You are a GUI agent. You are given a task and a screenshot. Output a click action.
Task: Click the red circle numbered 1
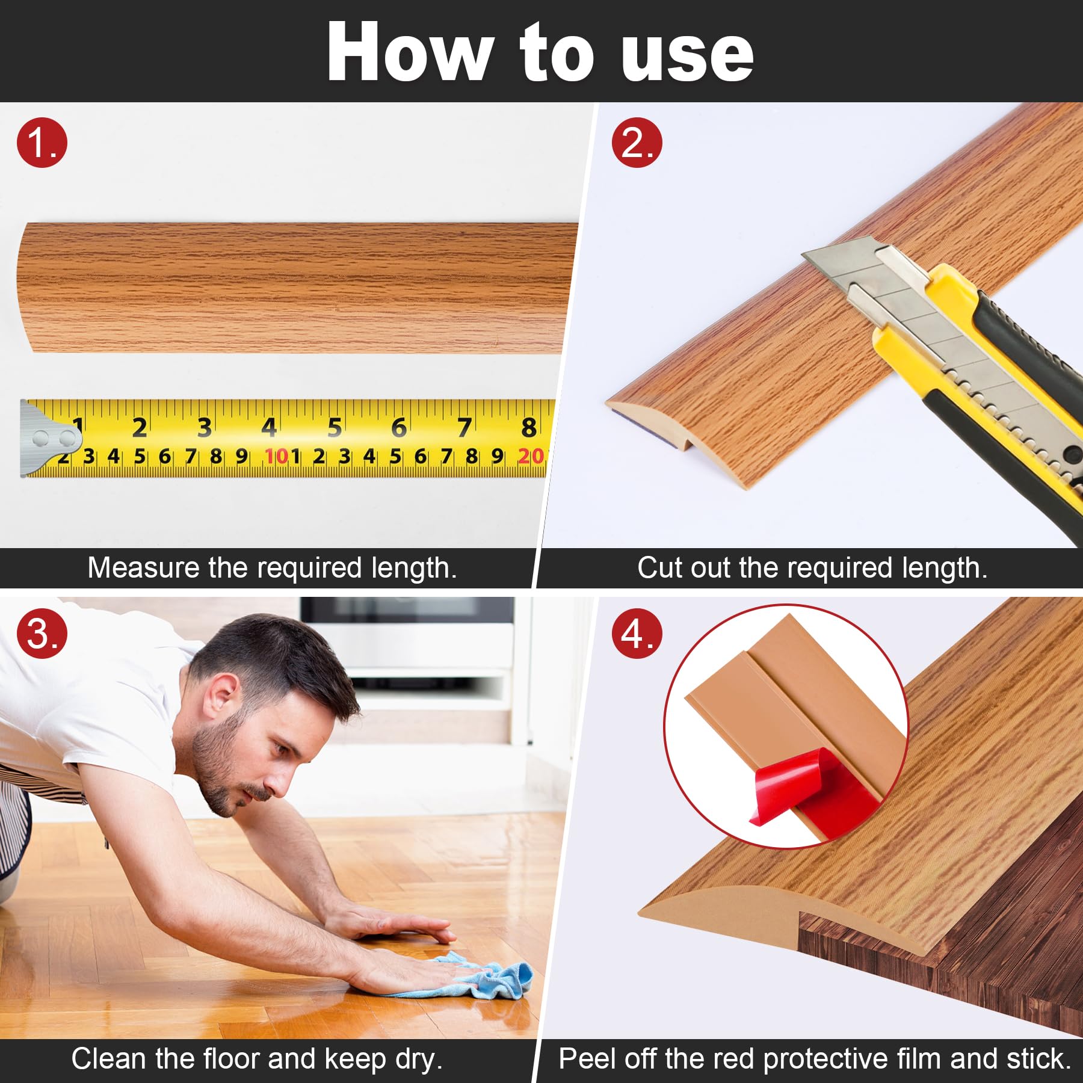coord(42,143)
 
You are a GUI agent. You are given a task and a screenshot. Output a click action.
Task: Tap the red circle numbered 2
coord(637,143)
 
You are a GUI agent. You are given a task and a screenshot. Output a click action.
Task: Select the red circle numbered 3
coord(42,634)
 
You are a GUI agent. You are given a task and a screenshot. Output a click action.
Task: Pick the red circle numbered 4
coord(637,634)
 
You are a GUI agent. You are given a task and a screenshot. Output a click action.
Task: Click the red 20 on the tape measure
coord(531,457)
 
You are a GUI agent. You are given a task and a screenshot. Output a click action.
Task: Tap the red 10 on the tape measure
coord(277,457)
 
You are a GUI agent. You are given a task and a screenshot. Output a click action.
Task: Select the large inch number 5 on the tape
coord(335,427)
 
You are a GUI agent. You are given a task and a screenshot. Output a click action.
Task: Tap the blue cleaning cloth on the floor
coord(482,975)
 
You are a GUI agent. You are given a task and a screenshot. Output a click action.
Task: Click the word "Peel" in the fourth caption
coord(587,1059)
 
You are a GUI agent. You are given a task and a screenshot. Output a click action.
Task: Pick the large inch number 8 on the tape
coord(528,427)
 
